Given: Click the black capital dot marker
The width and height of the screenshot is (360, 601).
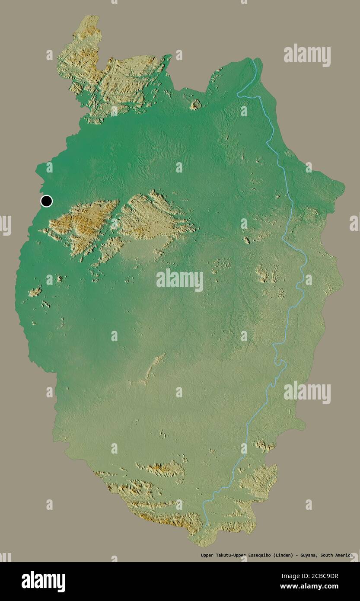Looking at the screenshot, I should tap(46, 201).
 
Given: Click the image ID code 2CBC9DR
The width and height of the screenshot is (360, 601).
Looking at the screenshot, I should tap(321, 576).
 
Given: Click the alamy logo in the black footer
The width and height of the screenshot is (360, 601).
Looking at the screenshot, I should tap(43, 582).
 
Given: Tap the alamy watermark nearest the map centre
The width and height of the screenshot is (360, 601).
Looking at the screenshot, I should tap(180, 280).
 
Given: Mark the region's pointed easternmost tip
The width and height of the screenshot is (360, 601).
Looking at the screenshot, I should tap(344, 187).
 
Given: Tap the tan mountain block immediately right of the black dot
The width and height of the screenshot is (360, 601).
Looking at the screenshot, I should tap(82, 223).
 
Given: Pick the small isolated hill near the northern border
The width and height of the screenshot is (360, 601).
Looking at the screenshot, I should tap(196, 104).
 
